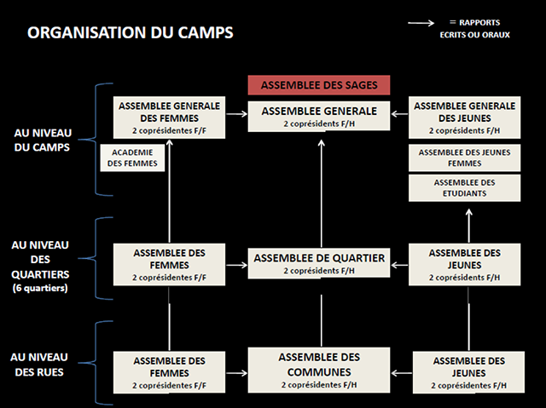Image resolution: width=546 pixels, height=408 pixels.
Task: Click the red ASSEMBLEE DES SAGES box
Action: pos(319,85)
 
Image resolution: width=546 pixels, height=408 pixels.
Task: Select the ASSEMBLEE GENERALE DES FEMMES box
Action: pos(169,118)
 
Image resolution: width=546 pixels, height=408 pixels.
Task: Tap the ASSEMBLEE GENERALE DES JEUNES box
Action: pos(464,118)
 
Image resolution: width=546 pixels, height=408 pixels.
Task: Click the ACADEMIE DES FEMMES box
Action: pos(132,158)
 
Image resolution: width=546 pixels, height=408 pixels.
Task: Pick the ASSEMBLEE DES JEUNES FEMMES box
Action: pos(464,158)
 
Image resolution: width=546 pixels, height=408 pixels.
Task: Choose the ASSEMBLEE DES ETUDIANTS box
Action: pos(464,188)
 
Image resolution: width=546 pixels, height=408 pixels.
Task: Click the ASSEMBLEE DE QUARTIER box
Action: pos(319,263)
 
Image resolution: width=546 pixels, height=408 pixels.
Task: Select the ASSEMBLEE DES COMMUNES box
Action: pos(319,371)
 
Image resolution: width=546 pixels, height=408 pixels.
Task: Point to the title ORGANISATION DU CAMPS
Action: pos(131,32)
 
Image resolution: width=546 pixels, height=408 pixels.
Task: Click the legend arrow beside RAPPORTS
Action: pos(421,23)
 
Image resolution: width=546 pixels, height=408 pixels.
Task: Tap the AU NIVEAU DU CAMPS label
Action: pos(43,140)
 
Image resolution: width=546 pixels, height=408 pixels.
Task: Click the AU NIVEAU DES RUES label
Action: pos(39,365)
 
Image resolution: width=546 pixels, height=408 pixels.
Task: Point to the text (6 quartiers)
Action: pos(40,288)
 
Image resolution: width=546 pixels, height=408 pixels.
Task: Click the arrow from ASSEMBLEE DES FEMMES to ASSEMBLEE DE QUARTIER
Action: pos(237,266)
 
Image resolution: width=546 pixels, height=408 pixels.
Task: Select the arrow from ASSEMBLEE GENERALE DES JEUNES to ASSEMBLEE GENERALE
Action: pos(399,113)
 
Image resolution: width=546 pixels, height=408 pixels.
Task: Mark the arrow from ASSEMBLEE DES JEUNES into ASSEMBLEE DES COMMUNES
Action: pos(402,373)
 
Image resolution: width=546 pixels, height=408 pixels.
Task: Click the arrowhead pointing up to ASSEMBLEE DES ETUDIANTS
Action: pos(469,212)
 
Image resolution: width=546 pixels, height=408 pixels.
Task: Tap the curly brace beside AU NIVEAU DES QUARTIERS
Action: pos(96,258)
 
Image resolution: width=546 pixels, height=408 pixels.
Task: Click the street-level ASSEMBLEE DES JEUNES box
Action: pos(468,372)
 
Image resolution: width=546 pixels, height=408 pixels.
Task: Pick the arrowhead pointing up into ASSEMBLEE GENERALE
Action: pos(322,143)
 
